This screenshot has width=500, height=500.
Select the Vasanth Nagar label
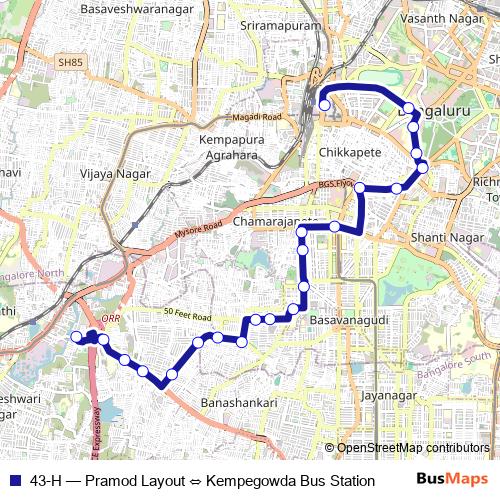pos(440,19)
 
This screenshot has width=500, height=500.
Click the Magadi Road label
pos(256,118)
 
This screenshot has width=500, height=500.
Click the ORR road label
pos(110,321)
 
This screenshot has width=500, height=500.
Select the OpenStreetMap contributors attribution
pos(413,448)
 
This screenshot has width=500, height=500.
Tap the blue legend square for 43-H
pos(13,480)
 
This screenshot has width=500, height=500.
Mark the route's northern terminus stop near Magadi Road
pos(323,104)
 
